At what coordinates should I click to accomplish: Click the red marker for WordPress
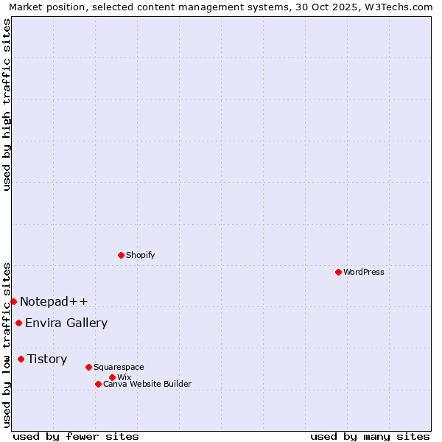tap(338, 272)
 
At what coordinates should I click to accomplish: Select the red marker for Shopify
tap(121, 255)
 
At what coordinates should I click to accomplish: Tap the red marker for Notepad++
tap(13, 301)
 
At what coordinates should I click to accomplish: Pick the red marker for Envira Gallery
tap(18, 323)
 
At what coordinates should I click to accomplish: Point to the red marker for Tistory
tap(21, 359)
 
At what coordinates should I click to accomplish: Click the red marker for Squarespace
tap(88, 367)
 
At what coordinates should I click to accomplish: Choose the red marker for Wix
tap(112, 377)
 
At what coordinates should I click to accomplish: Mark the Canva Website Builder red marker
tap(98, 384)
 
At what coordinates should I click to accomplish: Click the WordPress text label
tap(364, 272)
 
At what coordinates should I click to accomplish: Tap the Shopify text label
tap(140, 255)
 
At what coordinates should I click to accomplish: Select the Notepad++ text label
tap(54, 301)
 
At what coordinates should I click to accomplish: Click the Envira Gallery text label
tap(66, 323)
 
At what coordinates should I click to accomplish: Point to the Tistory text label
tap(47, 359)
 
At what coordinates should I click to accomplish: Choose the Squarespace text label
tap(119, 367)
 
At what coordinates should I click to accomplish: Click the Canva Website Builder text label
tap(147, 384)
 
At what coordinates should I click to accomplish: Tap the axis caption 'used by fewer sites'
tap(76, 436)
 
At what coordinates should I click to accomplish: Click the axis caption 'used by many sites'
tap(370, 436)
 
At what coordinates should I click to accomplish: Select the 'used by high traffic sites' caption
tap(7, 105)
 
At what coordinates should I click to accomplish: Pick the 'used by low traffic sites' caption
tap(7, 344)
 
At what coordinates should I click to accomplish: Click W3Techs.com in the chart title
tap(402, 7)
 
